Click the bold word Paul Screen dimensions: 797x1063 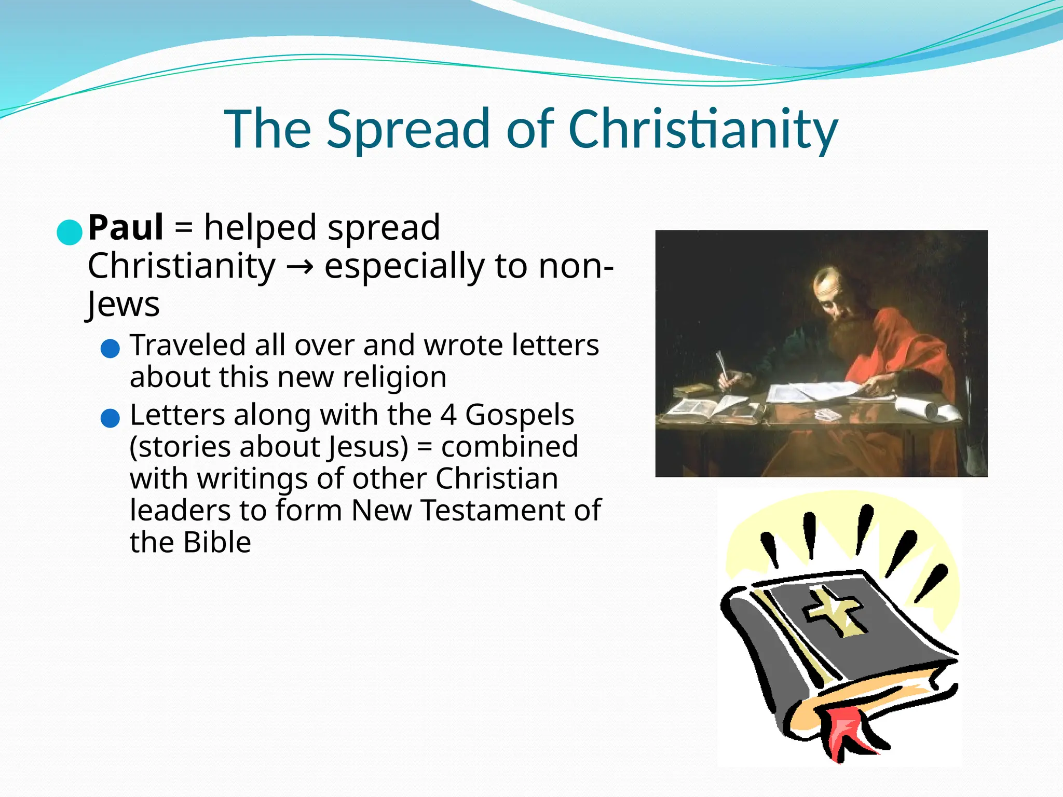coord(126,228)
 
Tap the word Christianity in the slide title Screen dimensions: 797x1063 coord(703,129)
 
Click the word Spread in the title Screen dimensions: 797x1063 coord(408,129)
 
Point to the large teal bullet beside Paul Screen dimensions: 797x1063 coord(70,232)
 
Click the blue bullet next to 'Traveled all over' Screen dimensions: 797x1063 coord(110,348)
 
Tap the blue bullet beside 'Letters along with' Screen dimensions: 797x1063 coord(110,418)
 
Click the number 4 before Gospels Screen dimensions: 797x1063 coord(448,415)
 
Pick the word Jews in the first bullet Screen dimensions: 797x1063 coord(123,305)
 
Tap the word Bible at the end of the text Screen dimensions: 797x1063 coord(217,543)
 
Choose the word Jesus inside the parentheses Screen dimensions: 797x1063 coord(369,447)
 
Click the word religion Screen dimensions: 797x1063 coord(394,378)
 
